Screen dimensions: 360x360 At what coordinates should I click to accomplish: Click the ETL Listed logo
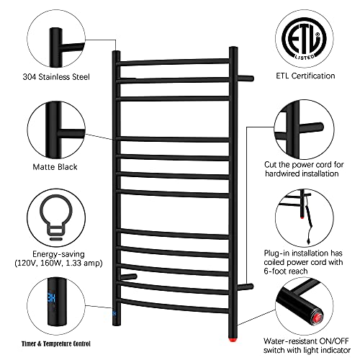[x=305, y=38]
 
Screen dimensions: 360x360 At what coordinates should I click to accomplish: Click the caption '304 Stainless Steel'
[x=56, y=77]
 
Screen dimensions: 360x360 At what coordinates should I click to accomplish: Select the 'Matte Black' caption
[x=55, y=167]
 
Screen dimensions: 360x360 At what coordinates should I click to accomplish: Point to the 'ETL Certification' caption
[x=305, y=76]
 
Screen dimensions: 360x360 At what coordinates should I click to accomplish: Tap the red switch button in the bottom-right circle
[x=318, y=318]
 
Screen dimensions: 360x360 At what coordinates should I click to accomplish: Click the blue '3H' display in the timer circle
[x=52, y=297]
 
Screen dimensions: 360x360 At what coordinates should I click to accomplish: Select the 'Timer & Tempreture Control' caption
[x=56, y=343]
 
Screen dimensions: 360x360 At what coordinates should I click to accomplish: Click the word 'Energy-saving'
[x=58, y=254]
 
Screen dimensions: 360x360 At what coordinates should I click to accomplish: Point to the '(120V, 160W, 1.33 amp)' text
[x=58, y=263]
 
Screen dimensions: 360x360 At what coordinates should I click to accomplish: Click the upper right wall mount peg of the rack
[x=246, y=78]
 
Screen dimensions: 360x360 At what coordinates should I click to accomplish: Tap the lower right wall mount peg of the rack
[x=246, y=287]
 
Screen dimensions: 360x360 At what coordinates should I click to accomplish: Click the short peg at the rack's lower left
[x=128, y=276]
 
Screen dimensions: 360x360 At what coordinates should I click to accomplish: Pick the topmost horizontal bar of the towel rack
[x=173, y=62]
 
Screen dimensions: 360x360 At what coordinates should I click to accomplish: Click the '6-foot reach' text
[x=286, y=271]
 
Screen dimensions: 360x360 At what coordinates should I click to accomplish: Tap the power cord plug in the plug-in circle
[x=308, y=240]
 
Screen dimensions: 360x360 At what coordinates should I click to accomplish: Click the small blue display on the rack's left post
[x=114, y=313]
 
